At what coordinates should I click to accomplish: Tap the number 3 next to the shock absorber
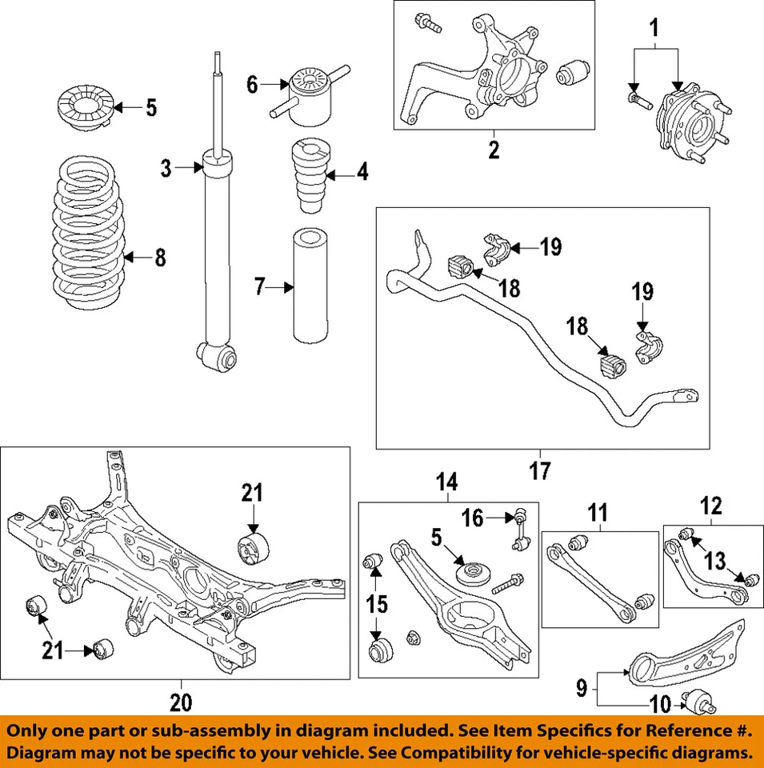coord(166,169)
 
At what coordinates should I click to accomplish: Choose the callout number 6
coord(252,84)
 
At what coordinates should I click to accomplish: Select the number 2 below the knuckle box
coord(494,149)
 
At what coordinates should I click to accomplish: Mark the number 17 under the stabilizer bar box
coord(541,472)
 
